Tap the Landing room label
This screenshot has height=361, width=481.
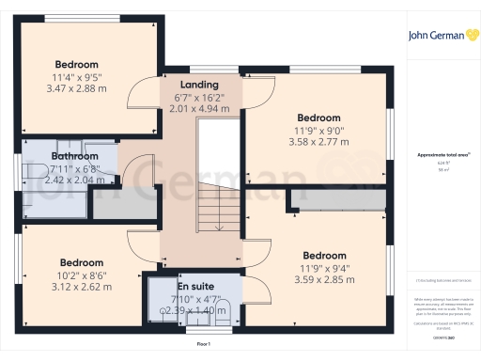coord(199,84)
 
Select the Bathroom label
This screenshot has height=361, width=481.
coord(74,156)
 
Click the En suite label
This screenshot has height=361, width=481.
coord(195,285)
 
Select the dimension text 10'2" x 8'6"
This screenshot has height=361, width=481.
coord(79,275)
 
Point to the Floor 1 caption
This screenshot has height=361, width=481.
coord(204,346)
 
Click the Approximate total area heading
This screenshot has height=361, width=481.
coord(442,154)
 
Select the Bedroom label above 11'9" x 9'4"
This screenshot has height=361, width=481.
coord(323,255)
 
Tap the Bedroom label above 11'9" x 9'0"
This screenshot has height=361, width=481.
coord(317,118)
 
